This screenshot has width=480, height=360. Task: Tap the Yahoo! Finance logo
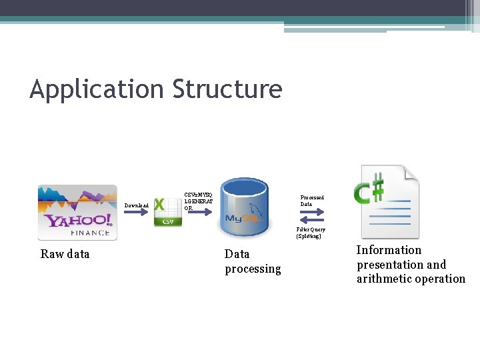pos(77,212)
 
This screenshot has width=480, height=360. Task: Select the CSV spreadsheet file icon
pos(167,211)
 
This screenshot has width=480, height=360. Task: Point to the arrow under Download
pos(137,213)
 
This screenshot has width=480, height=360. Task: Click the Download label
pos(136,205)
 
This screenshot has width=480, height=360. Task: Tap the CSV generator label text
pos(198,201)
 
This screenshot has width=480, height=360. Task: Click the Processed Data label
pos(312,201)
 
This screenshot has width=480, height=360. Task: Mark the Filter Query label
pos(311,233)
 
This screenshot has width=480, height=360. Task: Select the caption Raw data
pos(65,254)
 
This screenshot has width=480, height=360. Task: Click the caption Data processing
pos(252,261)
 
